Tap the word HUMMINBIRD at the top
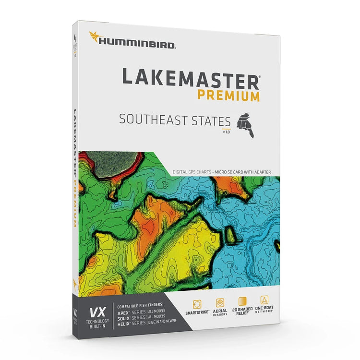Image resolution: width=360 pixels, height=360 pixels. tap(138, 42)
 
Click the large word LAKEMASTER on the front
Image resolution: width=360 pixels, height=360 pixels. tap(190, 77)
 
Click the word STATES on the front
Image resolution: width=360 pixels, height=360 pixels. tap(213, 120)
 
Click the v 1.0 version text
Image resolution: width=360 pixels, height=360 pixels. tap(226, 132)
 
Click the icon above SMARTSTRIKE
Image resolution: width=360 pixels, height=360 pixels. tap(197, 304)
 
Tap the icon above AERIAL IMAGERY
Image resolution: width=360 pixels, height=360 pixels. tap(219, 302)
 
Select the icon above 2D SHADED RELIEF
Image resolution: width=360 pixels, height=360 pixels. tap(242, 301)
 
